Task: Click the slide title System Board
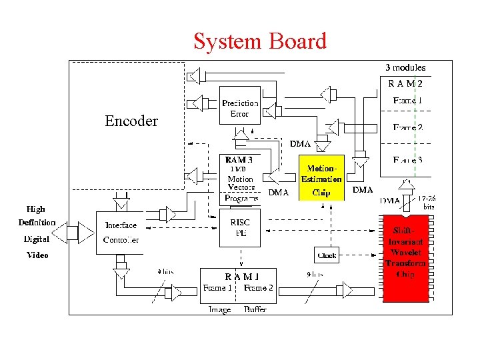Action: pyautogui.click(x=260, y=41)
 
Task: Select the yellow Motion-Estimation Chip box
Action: pyautogui.click(x=321, y=178)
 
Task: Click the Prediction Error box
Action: pyautogui.click(x=240, y=108)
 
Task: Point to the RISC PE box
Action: pyautogui.click(x=240, y=227)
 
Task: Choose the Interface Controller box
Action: pyautogui.click(x=121, y=232)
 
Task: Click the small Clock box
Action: pyautogui.click(x=327, y=255)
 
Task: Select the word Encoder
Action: pyautogui.click(x=131, y=121)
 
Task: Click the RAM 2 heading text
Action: pyautogui.click(x=405, y=83)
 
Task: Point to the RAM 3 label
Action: pyautogui.click(x=239, y=160)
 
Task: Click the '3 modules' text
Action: pyautogui.click(x=405, y=67)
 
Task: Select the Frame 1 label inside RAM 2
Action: pyautogui.click(x=407, y=100)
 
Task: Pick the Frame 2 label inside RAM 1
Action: pyautogui.click(x=259, y=288)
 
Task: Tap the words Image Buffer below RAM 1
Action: pyautogui.click(x=237, y=309)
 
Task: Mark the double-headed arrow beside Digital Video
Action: pyautogui.click(x=70, y=233)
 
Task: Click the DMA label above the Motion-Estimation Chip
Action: pyautogui.click(x=299, y=144)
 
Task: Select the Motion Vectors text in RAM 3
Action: pyautogui.click(x=240, y=183)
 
